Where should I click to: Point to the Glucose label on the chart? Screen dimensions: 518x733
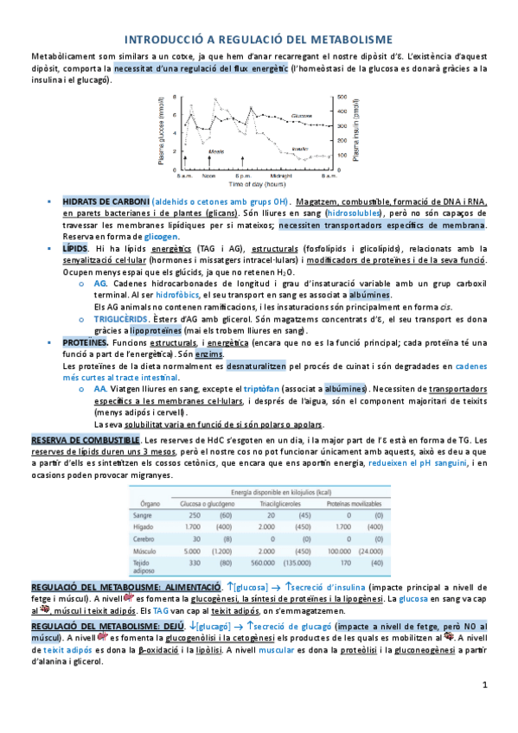pos(302,115)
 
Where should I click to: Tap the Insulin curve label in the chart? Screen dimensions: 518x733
pos(300,149)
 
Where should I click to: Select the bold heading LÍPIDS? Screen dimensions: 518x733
pos(75,248)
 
